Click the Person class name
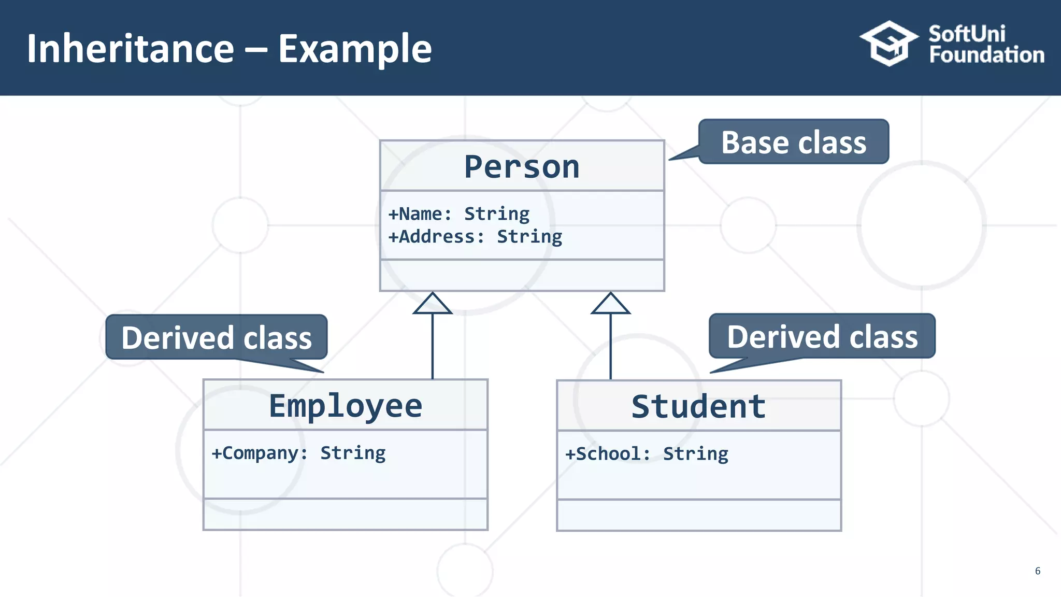[522, 167]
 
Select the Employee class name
[346, 406]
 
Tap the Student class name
[698, 407]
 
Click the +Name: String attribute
[459, 214]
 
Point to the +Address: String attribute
[475, 237]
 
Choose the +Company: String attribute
[298, 453]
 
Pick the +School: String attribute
[647, 454]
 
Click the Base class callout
[793, 143]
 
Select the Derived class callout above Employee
[217, 338]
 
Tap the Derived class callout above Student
[822, 337]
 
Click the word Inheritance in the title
[131, 49]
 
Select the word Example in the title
[355, 49]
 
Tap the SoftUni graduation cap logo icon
[889, 44]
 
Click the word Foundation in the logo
[986, 55]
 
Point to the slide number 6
[1037, 571]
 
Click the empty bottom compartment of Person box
[522, 275]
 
